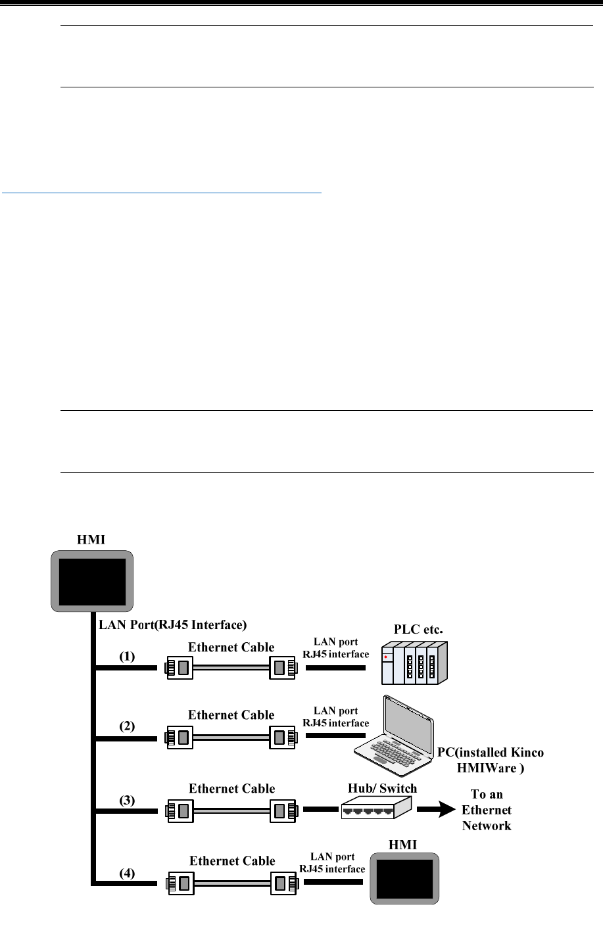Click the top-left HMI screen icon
pos(93,582)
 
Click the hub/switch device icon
pos(376,807)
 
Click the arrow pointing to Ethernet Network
pos(435,809)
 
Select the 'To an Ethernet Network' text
pos(487,809)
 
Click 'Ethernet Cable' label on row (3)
pos(231,787)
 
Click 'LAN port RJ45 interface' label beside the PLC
pos(336,648)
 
